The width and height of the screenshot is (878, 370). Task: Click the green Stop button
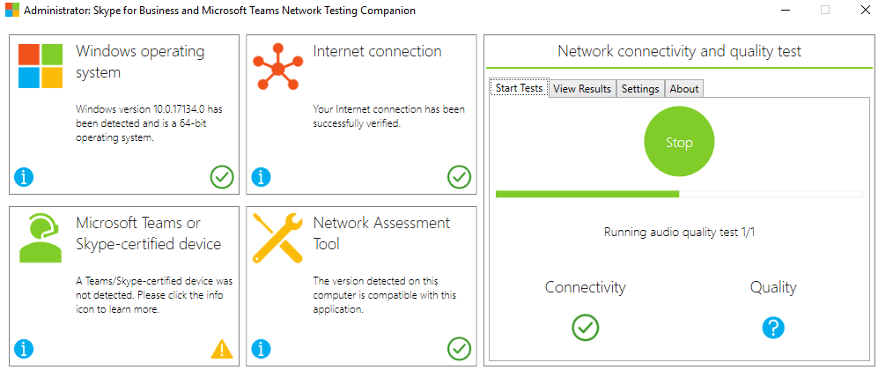point(679,143)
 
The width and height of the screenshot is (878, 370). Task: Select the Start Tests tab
point(519,88)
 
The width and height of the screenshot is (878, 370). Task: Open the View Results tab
point(582,89)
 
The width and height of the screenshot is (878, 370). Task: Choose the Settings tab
point(640,89)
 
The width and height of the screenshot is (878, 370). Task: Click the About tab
point(684,89)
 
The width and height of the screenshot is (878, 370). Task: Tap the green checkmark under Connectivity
point(586,328)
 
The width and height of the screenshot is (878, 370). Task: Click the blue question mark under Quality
point(773,328)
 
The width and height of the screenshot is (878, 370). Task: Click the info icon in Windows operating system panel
point(25,177)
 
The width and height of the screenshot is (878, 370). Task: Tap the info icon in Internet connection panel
point(261,177)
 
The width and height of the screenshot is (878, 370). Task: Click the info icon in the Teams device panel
point(25,349)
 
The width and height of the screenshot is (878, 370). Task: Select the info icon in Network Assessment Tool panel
point(261,349)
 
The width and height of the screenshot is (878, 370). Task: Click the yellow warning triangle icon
point(222,349)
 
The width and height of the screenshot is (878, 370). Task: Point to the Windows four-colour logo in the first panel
point(41,66)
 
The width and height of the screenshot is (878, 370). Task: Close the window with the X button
point(865,10)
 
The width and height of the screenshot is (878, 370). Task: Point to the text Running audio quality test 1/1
point(679,233)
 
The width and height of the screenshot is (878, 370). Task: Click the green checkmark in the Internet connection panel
point(459,177)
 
